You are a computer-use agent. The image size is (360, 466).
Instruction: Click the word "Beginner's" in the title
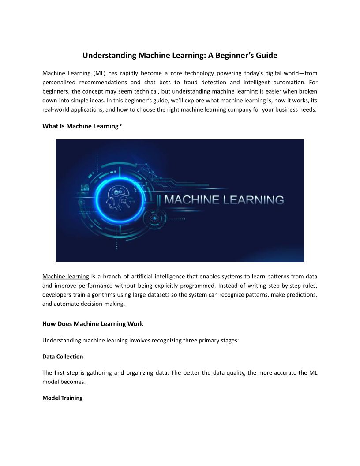click(x=235, y=56)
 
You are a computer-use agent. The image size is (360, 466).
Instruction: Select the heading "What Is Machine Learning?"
click(x=82, y=126)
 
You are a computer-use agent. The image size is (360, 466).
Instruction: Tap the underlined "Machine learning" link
click(x=66, y=277)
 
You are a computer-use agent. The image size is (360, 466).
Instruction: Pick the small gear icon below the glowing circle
click(x=154, y=218)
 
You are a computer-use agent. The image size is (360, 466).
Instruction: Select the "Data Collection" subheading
click(x=63, y=356)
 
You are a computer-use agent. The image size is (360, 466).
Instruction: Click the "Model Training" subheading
click(x=62, y=398)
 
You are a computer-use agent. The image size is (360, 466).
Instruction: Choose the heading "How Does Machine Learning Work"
click(x=93, y=324)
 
